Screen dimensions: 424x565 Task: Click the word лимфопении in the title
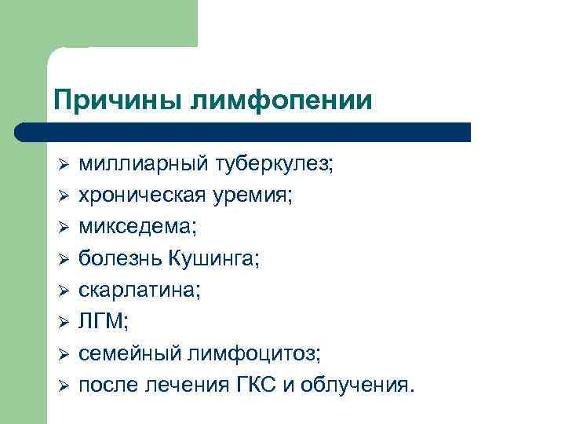tap(272, 100)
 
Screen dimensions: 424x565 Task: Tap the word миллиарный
tap(144, 165)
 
